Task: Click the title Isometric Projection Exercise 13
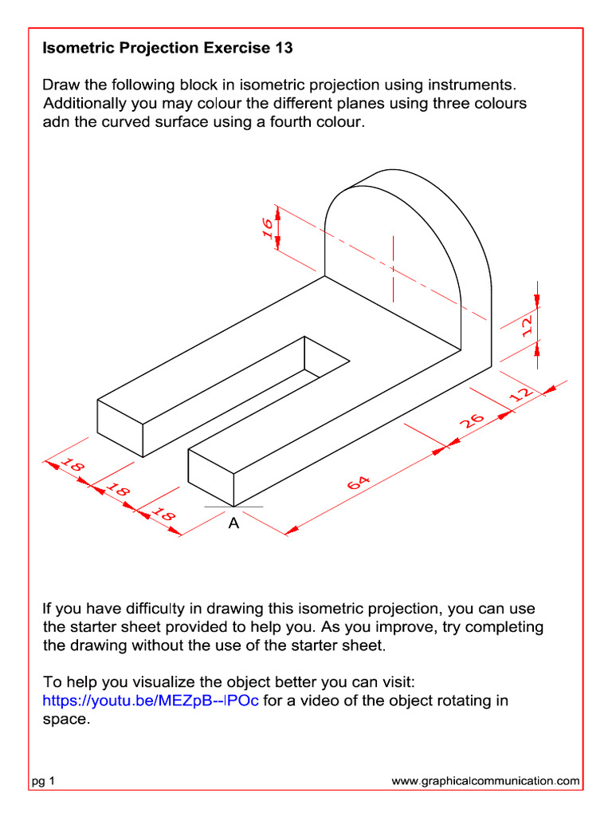tap(167, 49)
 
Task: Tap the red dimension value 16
tap(268, 227)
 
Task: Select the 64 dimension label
tap(358, 484)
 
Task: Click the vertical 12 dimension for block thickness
tap(528, 326)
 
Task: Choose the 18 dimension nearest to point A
tap(163, 516)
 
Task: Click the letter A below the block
tap(233, 524)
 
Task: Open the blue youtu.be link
tap(151, 701)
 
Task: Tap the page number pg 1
tap(43, 782)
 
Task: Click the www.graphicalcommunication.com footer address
tap(485, 782)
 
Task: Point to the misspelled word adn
tap(57, 123)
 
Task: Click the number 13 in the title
tap(283, 49)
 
